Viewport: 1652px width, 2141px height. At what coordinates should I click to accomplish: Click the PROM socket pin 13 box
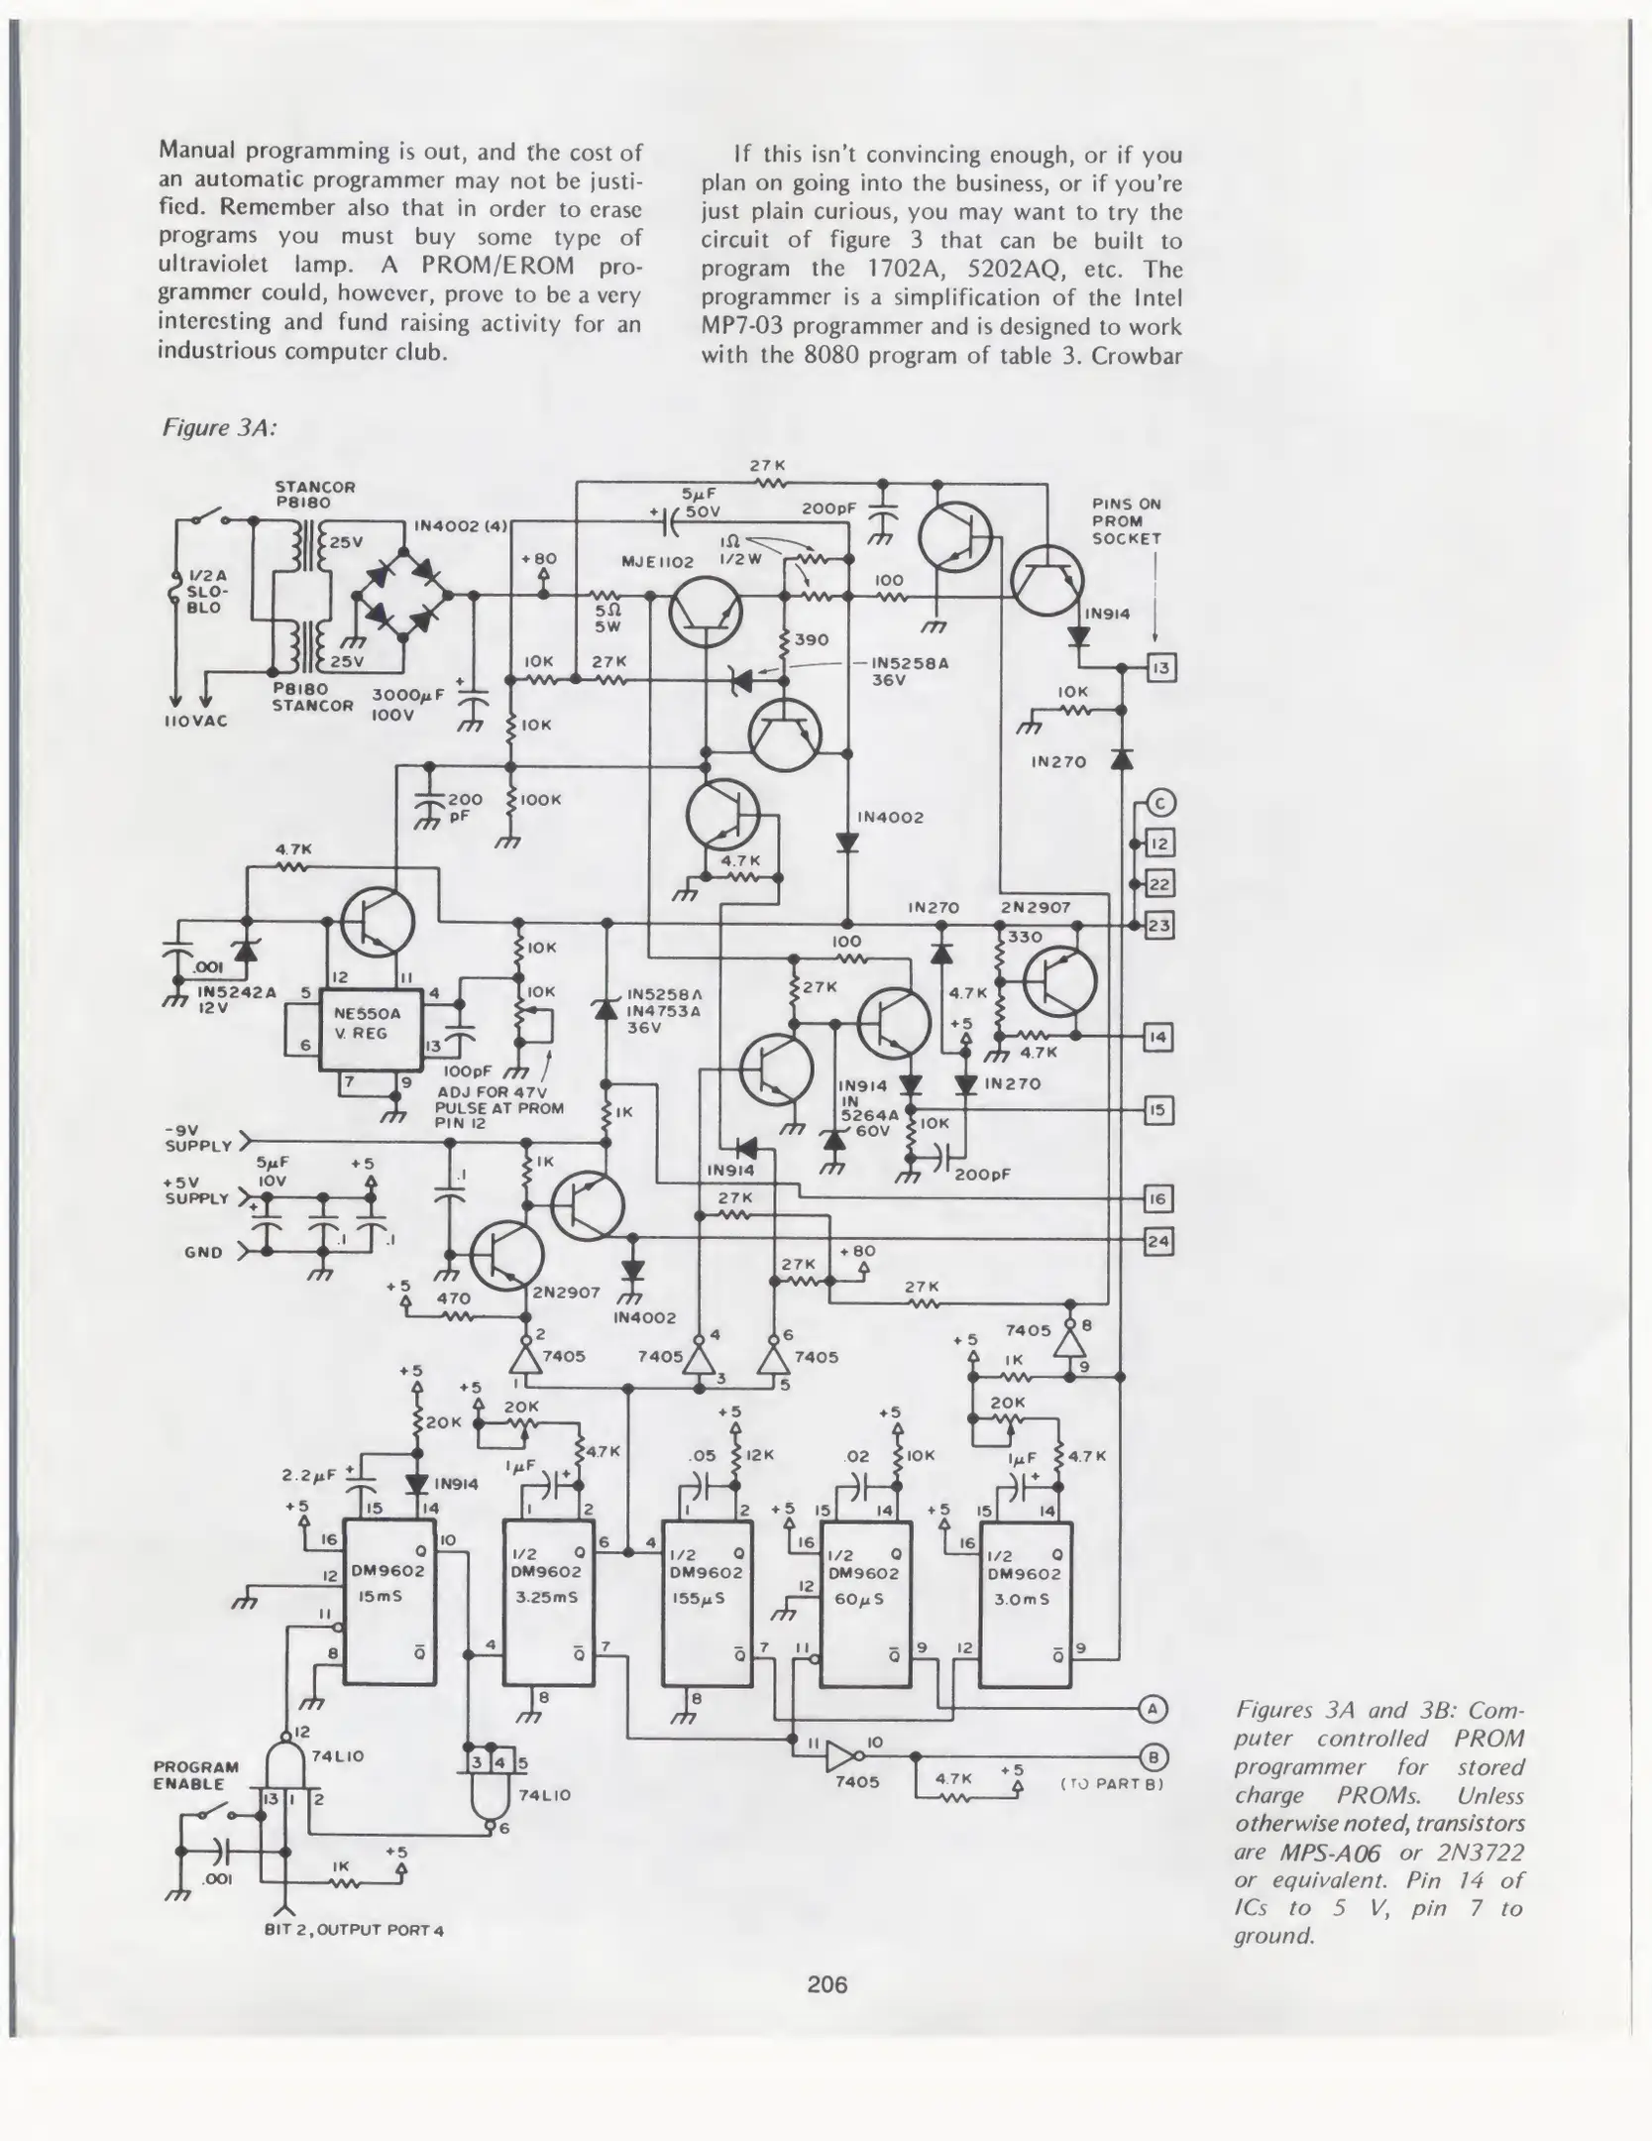1161,668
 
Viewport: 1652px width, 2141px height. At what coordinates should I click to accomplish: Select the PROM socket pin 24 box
1158,1241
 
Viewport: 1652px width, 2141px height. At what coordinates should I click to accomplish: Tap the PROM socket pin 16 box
1158,1199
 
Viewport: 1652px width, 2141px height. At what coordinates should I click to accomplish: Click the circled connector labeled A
1151,1708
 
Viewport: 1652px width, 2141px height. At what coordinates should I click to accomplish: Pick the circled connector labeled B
1151,1754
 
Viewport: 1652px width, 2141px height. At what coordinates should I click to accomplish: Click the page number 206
827,1984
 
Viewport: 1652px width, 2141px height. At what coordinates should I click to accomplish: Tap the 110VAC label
196,721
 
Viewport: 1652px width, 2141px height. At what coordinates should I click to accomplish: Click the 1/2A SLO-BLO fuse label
206,591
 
